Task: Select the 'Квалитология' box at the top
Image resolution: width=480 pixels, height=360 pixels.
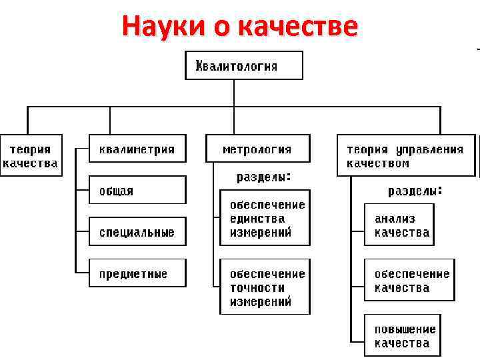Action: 243,66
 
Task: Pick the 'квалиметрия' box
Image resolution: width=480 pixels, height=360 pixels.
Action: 137,149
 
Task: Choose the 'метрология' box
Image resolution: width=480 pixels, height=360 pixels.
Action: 257,149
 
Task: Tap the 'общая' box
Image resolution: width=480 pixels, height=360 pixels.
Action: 137,191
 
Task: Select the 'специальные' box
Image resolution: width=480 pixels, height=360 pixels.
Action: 137,232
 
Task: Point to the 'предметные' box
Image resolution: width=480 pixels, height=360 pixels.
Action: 137,273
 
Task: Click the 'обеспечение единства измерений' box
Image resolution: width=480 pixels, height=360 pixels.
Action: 265,218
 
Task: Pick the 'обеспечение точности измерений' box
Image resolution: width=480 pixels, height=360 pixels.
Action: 265,287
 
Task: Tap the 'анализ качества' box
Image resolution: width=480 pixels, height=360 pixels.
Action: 399,225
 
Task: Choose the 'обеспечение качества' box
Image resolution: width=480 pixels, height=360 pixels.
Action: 409,281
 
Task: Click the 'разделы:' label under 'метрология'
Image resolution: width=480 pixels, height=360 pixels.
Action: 264,177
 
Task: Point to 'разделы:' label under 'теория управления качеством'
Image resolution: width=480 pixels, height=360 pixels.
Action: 415,191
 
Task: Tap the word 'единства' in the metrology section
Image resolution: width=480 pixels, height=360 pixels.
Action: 257,219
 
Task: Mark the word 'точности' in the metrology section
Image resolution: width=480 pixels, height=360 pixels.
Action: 257,288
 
